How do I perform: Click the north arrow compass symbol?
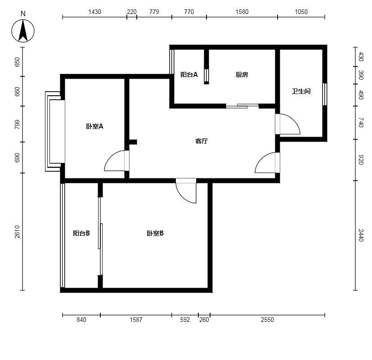point(23,31)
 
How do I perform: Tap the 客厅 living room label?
point(202,141)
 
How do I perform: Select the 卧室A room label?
point(94,126)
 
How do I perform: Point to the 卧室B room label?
point(155,233)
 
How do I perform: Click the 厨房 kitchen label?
point(242,75)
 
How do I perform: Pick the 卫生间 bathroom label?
point(301,91)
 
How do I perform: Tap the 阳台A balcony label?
point(189,75)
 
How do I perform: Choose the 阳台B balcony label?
point(81,233)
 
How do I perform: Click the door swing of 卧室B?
point(183,197)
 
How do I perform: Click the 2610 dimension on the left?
point(17,231)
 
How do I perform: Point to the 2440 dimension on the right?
point(361,235)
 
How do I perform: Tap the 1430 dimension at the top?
point(94,12)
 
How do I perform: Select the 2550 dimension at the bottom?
point(267,320)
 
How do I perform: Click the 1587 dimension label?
point(136,320)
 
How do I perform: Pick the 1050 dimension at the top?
point(301,12)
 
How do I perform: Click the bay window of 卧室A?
point(55,131)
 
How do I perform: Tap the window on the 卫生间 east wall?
point(325,94)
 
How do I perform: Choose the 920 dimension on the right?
point(361,160)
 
